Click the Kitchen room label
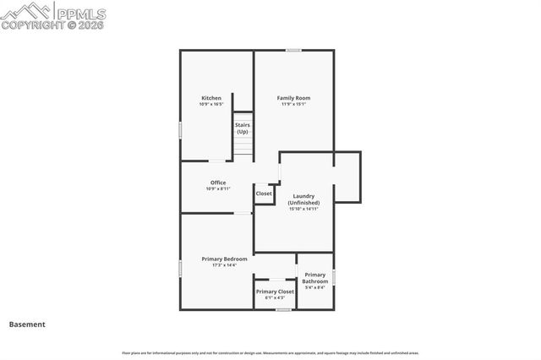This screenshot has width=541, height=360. tap(211, 98)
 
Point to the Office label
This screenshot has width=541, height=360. tap(217, 183)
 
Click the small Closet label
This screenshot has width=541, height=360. tap(264, 194)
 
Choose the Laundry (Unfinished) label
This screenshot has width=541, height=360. tap(303, 199)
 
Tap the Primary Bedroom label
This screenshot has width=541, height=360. tap(224, 259)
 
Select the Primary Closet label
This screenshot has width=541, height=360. tap(275, 292)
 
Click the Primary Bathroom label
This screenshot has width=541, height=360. tap(314, 278)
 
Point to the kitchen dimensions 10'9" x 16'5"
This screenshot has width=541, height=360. tap(211, 105)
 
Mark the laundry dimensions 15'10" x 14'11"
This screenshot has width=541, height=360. tap(303, 209)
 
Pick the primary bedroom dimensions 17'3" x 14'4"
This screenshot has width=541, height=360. tap(224, 265)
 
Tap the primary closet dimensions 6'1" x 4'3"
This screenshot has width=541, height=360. tap(275, 297)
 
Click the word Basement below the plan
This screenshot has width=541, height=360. tap(27, 324)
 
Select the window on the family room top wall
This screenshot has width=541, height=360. tap(293, 50)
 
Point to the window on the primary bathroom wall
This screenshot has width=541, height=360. tap(335, 276)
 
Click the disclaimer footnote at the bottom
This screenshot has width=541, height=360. tap(270, 352)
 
